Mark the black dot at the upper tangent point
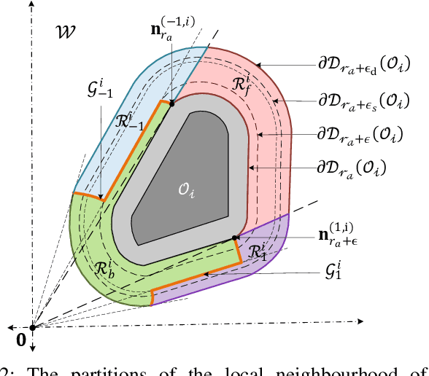[172, 103]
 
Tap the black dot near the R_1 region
[235, 238]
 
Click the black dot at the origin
[32, 327]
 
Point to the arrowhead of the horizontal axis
[360, 321]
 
